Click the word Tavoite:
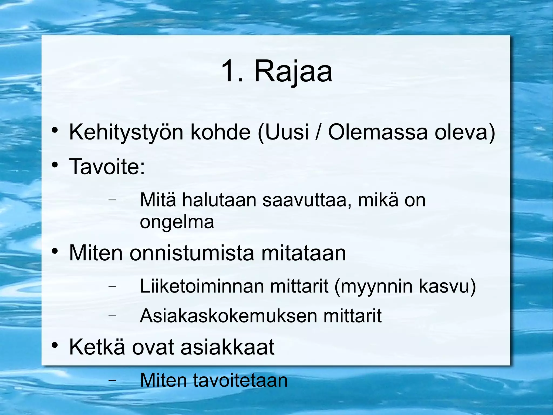107,167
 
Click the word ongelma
177,223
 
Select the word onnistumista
192,253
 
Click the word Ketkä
97,347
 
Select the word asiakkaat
227,347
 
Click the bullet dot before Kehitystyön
55,130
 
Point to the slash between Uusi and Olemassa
318,132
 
